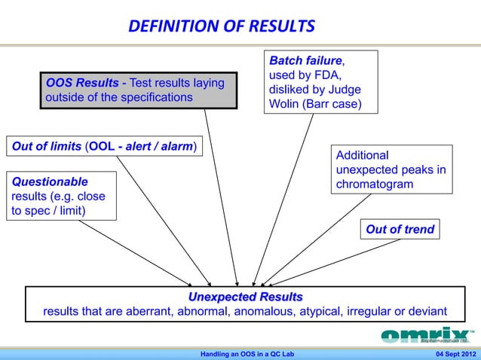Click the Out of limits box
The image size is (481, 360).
[104, 146]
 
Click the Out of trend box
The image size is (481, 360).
[400, 230]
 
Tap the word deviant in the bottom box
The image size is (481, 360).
[425, 311]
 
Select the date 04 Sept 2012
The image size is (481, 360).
[451, 354]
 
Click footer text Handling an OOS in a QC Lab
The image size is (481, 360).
[247, 354]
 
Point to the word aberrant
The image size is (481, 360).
[150, 311]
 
